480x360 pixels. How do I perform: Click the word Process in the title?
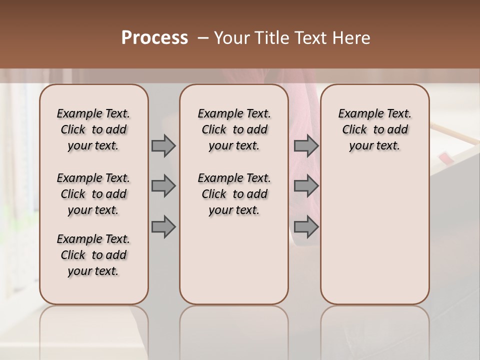[154, 38]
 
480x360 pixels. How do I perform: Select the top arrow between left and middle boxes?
[163, 145]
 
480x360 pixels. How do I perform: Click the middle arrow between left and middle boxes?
[163, 186]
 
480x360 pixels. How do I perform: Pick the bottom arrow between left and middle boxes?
[163, 227]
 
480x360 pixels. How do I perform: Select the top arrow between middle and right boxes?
[306, 145]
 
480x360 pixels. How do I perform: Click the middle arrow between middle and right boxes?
[306, 186]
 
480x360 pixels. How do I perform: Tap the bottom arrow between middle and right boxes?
[306, 227]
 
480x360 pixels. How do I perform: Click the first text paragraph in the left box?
[93, 129]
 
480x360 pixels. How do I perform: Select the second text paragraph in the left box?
[93, 194]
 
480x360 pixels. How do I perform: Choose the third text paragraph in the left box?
[93, 255]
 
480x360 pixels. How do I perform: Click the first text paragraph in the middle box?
[234, 129]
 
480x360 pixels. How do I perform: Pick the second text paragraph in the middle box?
[234, 194]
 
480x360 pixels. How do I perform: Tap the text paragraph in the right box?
[375, 129]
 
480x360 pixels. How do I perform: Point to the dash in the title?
[203, 38]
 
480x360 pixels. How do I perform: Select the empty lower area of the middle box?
[234, 260]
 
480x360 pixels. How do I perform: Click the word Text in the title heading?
[310, 38]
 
